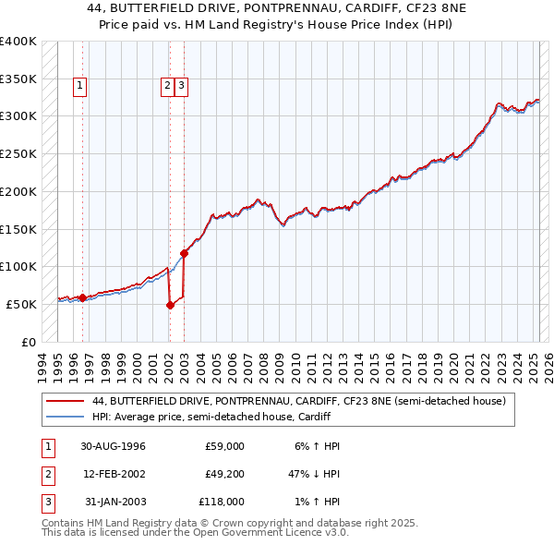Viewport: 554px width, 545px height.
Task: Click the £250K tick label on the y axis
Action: click(x=18, y=153)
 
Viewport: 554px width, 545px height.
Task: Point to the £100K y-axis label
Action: click(x=18, y=266)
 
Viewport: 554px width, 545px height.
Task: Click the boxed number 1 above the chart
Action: click(x=81, y=87)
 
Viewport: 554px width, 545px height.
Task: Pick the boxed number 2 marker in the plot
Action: click(x=167, y=87)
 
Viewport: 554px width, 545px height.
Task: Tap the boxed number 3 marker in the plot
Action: click(x=181, y=87)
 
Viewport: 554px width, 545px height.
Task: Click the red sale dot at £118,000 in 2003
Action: click(x=184, y=253)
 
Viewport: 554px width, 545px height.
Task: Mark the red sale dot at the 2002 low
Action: click(x=170, y=306)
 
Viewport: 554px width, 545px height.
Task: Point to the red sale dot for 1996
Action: click(x=83, y=297)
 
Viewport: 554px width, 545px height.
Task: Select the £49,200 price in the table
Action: click(x=223, y=474)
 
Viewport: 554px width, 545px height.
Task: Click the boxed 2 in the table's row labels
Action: click(x=45, y=474)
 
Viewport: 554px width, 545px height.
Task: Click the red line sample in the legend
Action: click(x=65, y=402)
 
